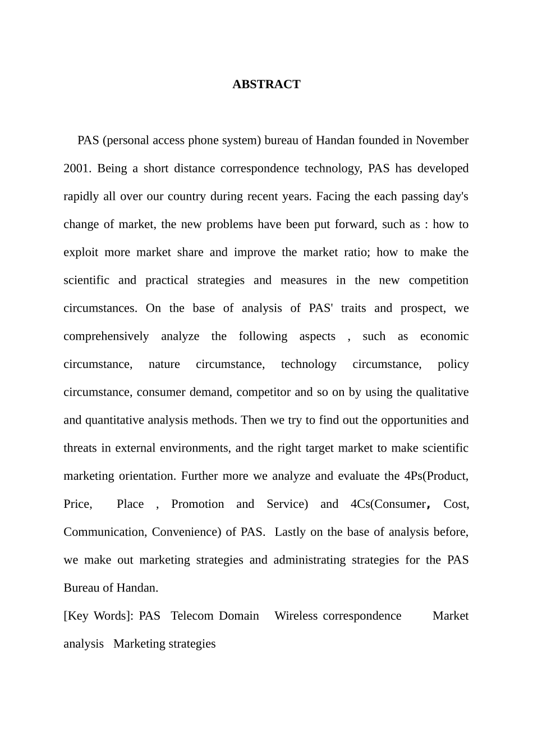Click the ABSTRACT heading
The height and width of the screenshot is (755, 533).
[x=266, y=84]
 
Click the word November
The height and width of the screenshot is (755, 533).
[x=442, y=140]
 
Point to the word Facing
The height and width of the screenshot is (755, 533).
[x=333, y=196]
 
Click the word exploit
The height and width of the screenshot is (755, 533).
[x=81, y=252]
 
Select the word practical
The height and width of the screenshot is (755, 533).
[x=167, y=280]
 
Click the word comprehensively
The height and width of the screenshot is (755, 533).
[x=106, y=336]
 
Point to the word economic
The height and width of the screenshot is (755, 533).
[x=444, y=336]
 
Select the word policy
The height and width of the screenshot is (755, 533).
[x=453, y=364]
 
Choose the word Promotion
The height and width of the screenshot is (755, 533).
[x=197, y=504]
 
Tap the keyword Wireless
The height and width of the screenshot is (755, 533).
[x=296, y=616]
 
